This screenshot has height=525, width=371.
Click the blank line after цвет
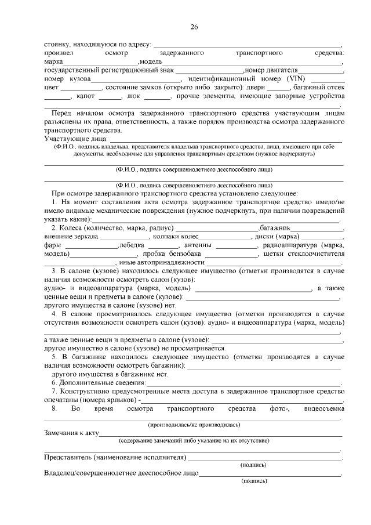click(82, 87)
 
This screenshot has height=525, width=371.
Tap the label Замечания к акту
click(72, 433)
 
